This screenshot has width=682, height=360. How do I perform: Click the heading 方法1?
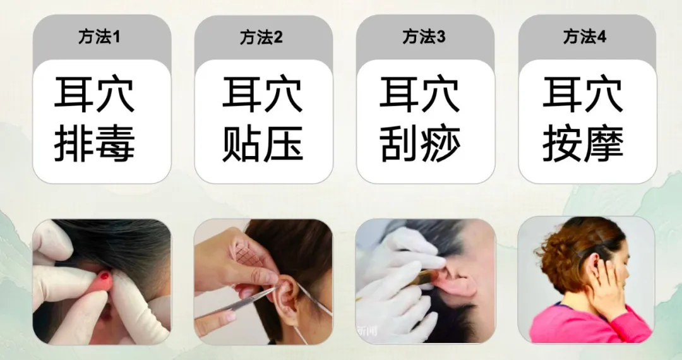point(99,37)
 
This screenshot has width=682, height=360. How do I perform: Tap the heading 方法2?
point(261,37)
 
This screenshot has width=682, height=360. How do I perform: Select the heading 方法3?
point(424,37)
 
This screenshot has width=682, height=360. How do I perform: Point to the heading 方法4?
point(585,37)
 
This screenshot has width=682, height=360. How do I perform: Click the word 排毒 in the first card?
point(94,143)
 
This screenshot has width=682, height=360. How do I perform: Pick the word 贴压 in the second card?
point(262,143)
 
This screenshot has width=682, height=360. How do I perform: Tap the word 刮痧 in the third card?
point(420,143)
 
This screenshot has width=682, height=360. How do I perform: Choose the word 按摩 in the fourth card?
point(583,143)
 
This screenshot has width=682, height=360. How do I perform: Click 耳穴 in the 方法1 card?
point(94,94)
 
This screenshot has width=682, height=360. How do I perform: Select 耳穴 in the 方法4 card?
point(583,94)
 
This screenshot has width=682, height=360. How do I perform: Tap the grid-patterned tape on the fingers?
point(249,255)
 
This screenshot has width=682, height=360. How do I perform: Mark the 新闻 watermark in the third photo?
point(366,332)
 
